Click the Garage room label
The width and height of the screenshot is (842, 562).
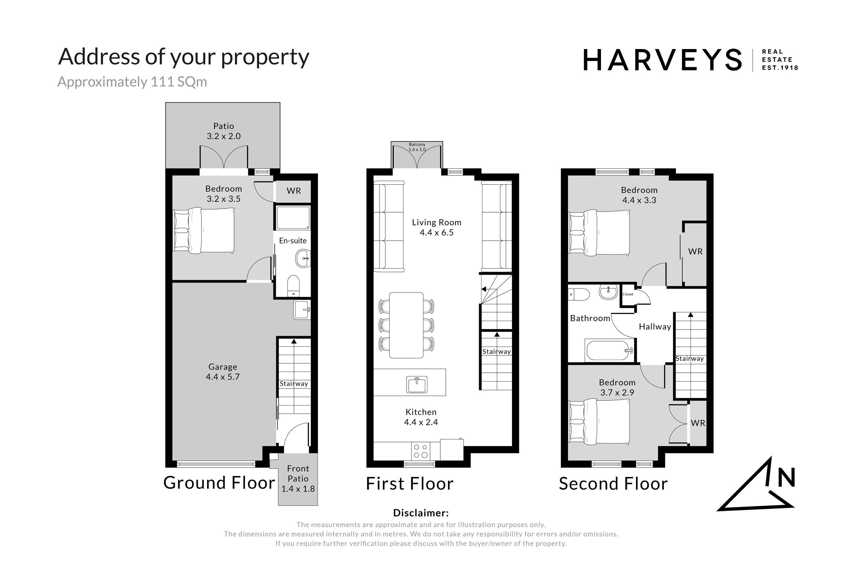pos(223,367)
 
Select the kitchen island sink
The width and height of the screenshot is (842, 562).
pos(417,384)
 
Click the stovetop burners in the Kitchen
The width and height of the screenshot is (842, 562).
pos(420,451)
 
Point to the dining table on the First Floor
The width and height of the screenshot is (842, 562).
pos(406,325)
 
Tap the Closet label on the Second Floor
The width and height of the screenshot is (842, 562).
pos(628,294)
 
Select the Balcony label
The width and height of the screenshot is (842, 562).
pos(417,144)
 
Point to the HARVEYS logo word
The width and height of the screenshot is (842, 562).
pos(662,60)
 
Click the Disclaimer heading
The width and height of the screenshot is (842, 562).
pos(421,513)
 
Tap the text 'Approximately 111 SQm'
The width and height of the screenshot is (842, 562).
pos(132,82)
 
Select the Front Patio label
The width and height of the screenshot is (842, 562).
pos(298,474)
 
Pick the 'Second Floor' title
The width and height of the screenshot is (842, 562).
pos(613,484)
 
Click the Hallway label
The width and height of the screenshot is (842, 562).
pos(655,326)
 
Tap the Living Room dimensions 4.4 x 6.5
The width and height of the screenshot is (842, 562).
pos(436,233)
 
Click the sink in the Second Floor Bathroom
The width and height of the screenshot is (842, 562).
pos(608,292)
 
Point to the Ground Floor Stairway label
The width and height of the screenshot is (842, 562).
pos(294,384)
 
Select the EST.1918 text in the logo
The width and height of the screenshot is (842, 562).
pos(780,68)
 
